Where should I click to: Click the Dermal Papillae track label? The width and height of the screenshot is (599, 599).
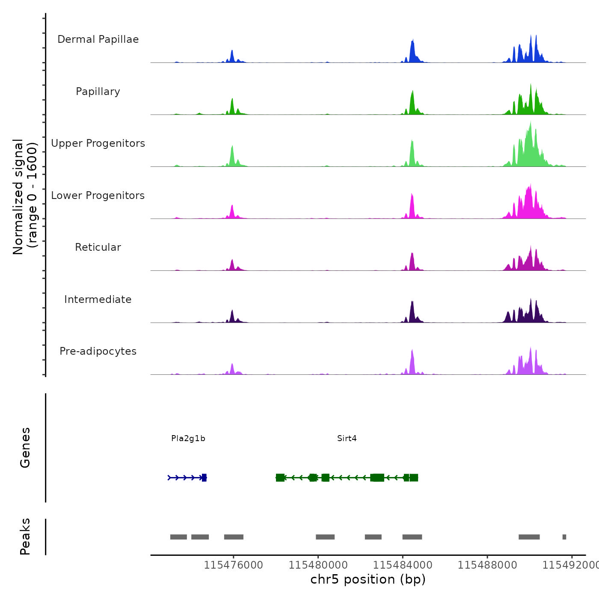tap(98, 39)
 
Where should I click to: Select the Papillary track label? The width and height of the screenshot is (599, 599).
tap(98, 92)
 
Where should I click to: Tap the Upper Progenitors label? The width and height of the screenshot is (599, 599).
tap(98, 143)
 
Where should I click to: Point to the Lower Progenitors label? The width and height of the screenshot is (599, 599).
tap(98, 196)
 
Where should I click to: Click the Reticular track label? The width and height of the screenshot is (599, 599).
tap(98, 247)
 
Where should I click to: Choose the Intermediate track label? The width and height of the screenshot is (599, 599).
tap(98, 299)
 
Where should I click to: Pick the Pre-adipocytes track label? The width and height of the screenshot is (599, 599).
tap(98, 351)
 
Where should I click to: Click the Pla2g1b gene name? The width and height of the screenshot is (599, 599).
tap(188, 439)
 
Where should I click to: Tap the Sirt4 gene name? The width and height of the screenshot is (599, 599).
tap(347, 439)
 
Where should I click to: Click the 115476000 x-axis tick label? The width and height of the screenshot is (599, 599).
tap(233, 565)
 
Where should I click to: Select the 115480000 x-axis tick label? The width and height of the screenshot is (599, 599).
tap(318, 565)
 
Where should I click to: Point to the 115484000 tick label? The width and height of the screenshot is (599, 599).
tap(403, 565)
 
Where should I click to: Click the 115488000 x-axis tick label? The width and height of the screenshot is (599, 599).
tap(487, 565)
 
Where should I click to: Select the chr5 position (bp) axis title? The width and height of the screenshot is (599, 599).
tap(368, 579)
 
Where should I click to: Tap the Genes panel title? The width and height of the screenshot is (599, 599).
tap(25, 448)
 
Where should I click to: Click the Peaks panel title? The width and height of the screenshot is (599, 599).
tap(25, 537)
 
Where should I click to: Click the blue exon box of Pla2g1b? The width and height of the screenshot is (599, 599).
tap(204, 477)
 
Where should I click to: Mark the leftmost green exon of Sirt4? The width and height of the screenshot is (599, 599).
tap(280, 477)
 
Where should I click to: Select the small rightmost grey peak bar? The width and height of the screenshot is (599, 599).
tap(564, 537)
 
